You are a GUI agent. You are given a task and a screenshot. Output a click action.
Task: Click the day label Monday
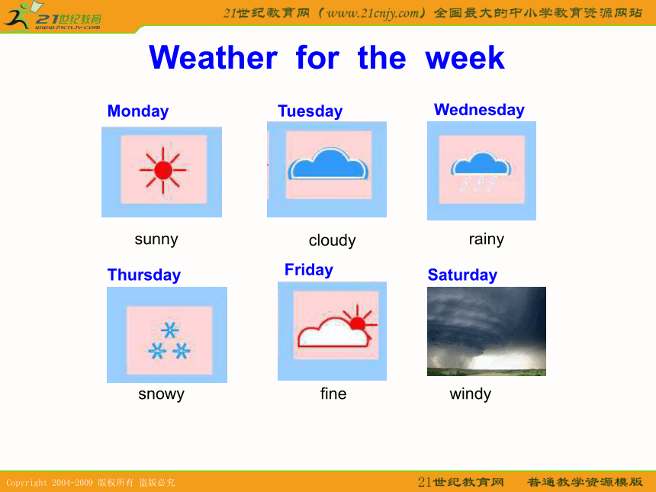tap(138, 111)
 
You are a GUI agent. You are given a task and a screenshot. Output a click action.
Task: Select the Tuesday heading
tap(310, 111)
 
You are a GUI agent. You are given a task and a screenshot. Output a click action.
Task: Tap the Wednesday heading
tap(479, 110)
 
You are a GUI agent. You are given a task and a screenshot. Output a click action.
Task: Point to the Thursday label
tap(144, 275)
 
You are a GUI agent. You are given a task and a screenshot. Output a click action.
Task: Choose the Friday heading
tap(309, 270)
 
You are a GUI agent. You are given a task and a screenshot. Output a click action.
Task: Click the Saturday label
tap(462, 275)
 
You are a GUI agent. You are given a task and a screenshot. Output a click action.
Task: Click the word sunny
tap(156, 240)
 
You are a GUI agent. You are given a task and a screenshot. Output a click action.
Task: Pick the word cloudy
tap(332, 240)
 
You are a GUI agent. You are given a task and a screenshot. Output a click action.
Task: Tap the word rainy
tap(487, 240)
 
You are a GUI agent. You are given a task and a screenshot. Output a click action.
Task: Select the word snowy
tap(161, 394)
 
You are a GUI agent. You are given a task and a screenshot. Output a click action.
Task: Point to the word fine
tap(333, 394)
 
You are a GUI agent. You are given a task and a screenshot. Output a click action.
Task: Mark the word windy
tap(470, 394)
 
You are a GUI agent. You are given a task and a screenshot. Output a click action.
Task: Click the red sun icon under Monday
tap(162, 170)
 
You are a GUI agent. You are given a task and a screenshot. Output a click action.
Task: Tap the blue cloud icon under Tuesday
tap(329, 165)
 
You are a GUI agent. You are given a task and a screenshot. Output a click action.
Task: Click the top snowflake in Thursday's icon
tap(170, 330)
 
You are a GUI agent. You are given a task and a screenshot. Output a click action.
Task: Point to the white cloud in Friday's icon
tap(333, 333)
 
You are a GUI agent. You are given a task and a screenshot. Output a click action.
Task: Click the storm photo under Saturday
tap(487, 331)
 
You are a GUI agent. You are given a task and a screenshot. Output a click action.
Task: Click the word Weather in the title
tap(213, 57)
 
